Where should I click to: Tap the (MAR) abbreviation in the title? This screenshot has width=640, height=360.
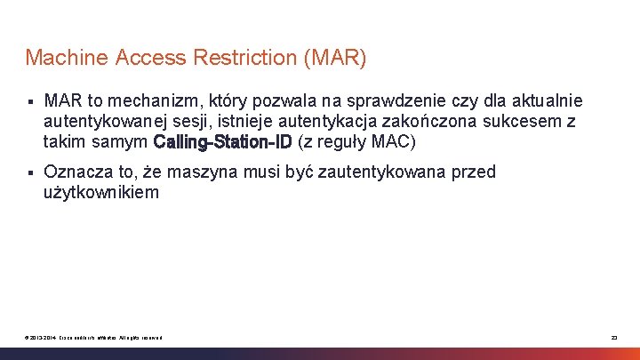[x=334, y=59]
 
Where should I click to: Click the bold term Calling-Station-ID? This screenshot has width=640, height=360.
[x=222, y=142]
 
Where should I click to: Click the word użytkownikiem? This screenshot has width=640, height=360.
[x=101, y=192]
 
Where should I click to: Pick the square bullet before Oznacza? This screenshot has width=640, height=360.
[x=29, y=172]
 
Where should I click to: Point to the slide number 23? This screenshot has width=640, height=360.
[x=613, y=337]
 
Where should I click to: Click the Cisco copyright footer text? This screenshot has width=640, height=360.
[x=94, y=337]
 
